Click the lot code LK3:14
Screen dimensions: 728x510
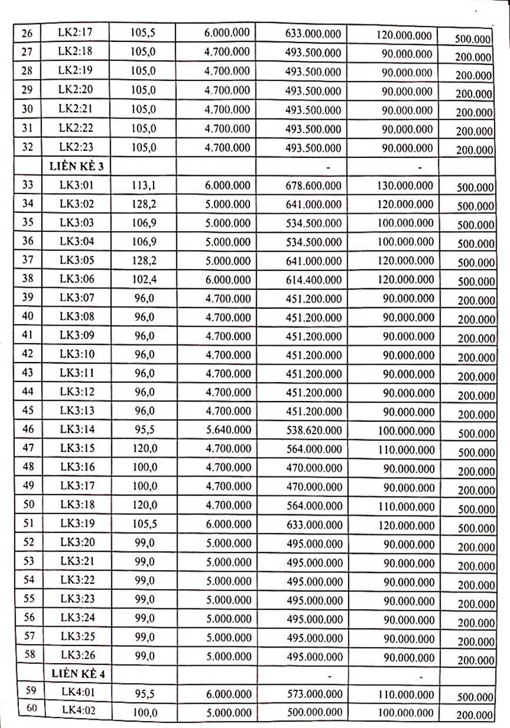78,430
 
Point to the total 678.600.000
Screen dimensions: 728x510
314,185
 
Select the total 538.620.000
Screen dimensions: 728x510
314,430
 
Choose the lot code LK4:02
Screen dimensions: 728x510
78,711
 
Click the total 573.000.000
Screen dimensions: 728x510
314,693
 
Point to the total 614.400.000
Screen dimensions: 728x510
314,279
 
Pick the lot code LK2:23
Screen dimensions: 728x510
78,147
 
